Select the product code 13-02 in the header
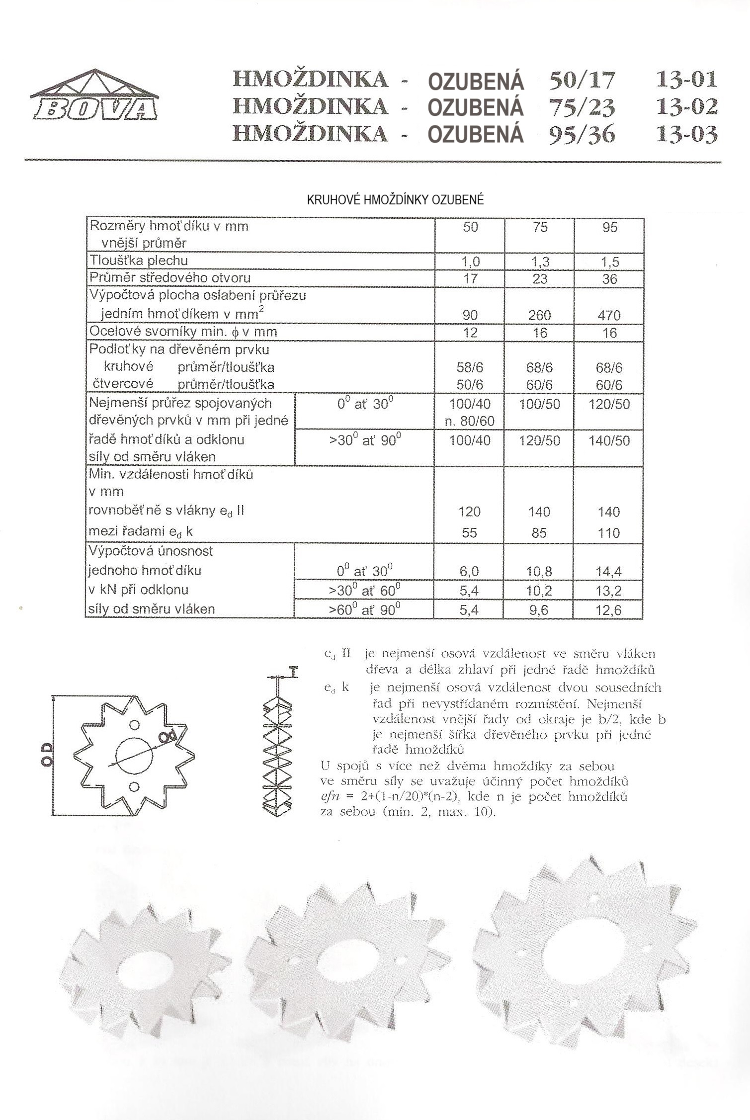point(687,106)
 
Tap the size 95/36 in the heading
point(582,134)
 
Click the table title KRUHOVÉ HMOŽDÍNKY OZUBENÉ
point(395,200)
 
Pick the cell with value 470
point(609,315)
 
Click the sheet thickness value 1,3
point(540,261)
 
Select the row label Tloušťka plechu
point(139,260)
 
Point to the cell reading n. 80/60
point(470,422)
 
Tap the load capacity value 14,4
point(609,572)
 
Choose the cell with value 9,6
point(539,610)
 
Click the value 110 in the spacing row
point(609,533)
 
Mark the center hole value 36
point(609,279)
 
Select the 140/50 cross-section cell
point(609,441)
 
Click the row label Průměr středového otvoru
point(170,277)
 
